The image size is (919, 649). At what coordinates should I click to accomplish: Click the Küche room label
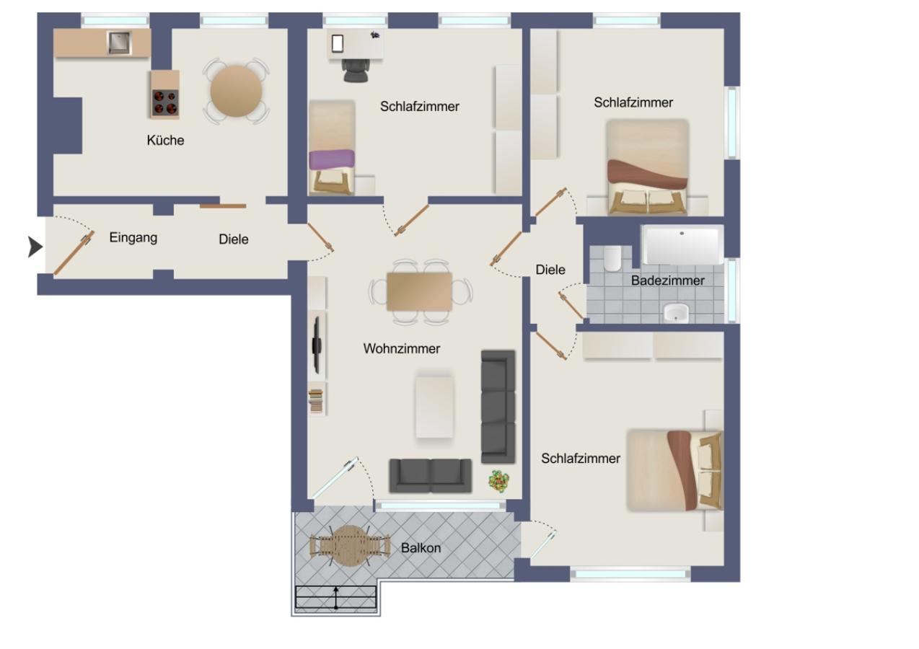[x=165, y=141]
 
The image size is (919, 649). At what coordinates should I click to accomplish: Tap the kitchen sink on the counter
[x=118, y=43]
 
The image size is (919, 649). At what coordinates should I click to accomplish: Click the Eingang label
[x=133, y=237]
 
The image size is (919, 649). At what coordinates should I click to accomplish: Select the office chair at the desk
[x=355, y=70]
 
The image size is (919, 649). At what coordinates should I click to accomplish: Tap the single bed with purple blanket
[x=332, y=147]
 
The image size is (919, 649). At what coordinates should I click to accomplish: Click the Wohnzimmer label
[x=401, y=349]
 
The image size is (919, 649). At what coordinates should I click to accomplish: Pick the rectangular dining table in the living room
[x=419, y=291]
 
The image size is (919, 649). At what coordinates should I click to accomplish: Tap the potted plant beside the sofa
[x=498, y=480]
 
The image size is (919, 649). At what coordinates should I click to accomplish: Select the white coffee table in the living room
[x=434, y=406]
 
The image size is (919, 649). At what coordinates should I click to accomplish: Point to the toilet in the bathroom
[x=613, y=257]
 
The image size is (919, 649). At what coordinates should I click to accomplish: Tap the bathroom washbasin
[x=676, y=312]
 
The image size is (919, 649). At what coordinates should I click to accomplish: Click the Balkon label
[x=421, y=548]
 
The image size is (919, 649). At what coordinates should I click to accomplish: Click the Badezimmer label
[x=667, y=281]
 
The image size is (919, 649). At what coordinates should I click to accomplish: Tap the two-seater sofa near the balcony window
[x=430, y=475]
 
